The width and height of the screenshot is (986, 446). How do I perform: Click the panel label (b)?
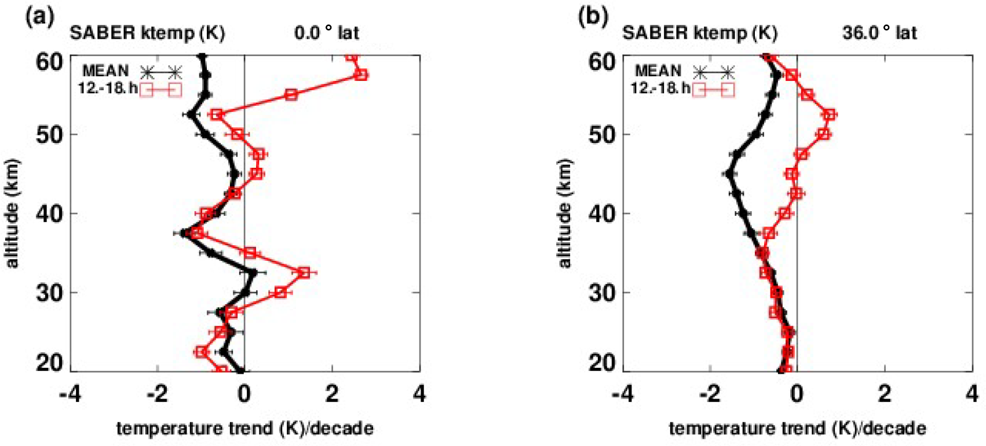tap(593, 17)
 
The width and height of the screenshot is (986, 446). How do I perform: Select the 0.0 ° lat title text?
tap(327, 32)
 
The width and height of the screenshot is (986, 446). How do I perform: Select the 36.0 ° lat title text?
tap(879, 32)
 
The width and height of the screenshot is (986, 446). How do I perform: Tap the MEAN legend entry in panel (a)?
tap(105, 71)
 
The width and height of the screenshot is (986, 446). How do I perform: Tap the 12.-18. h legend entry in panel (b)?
tap(660, 89)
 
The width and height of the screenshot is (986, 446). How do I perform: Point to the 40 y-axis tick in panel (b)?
tap(601, 213)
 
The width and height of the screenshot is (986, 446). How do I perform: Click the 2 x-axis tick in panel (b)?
tap(885, 394)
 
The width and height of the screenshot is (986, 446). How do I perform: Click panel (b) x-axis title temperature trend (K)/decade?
tap(797, 428)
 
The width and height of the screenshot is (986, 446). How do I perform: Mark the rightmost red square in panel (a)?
tap(361, 75)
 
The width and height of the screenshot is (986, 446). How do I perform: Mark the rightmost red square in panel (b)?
tap(830, 115)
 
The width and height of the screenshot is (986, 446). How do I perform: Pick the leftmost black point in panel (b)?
tap(730, 174)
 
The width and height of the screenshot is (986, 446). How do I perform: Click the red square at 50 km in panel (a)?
tap(237, 134)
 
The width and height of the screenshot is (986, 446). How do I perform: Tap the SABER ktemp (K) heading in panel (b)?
tap(699, 32)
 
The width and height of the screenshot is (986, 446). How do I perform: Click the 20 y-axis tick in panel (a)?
tap(49, 363)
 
